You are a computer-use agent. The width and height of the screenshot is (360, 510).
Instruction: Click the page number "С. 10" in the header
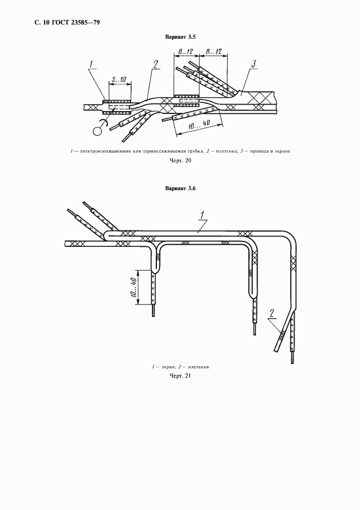pyautogui.click(x=41, y=22)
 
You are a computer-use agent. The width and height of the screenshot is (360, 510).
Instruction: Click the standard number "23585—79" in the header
pyautogui.click(x=84, y=22)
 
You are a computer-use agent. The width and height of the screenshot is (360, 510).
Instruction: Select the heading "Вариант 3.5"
pyautogui.click(x=180, y=37)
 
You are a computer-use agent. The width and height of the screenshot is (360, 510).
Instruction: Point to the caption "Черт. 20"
pyautogui.click(x=180, y=161)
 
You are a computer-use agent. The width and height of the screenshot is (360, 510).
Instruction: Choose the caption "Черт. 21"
pyautogui.click(x=180, y=376)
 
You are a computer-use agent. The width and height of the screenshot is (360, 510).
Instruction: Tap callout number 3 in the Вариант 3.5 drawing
pyautogui.click(x=254, y=65)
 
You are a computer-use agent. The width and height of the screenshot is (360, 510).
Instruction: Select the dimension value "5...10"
pyautogui.click(x=119, y=80)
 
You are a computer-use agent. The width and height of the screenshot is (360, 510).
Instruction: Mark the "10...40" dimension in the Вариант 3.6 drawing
pyautogui.click(x=133, y=286)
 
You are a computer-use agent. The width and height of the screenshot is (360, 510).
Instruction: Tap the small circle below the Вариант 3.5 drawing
pyautogui.click(x=98, y=131)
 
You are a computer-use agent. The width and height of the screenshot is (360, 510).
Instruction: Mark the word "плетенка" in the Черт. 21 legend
pyautogui.click(x=198, y=367)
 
